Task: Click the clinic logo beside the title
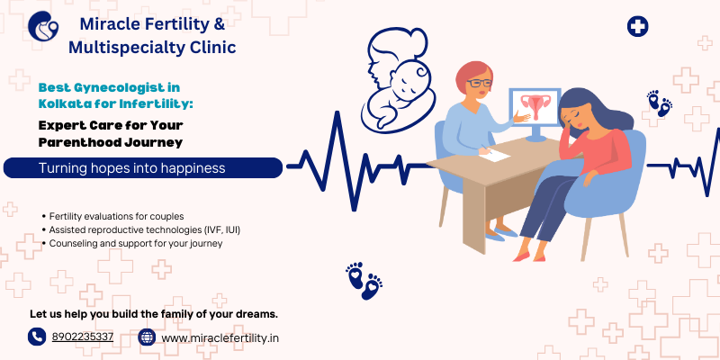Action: click(x=43, y=26)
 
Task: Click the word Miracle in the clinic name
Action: click(x=105, y=24)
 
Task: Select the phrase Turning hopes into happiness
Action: click(x=131, y=168)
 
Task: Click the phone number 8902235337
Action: click(x=83, y=337)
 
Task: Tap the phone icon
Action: click(x=37, y=337)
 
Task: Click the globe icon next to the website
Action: click(x=147, y=337)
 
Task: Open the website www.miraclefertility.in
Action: click(x=220, y=338)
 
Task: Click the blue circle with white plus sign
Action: click(x=637, y=26)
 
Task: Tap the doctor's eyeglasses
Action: click(x=479, y=84)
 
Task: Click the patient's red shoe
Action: click(x=523, y=256)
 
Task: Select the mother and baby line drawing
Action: click(x=398, y=79)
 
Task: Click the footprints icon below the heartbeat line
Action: click(x=364, y=281)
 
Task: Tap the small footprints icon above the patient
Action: click(x=660, y=103)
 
